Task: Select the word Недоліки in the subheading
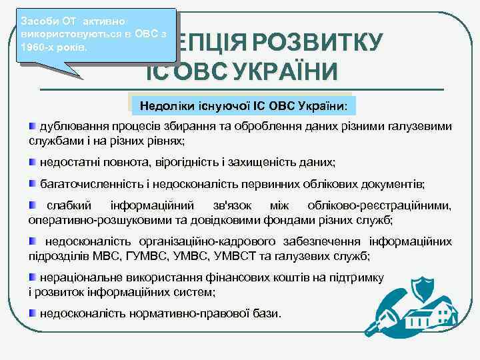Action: [163, 106]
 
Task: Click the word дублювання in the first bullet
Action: [72, 127]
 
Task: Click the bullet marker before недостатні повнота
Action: [33, 162]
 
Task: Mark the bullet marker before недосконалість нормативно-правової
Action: [33, 313]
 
